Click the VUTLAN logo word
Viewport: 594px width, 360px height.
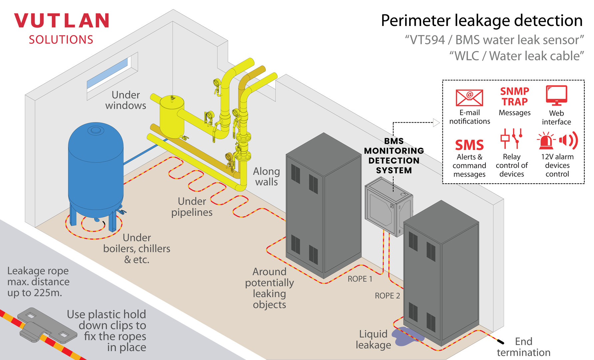click(x=62, y=21)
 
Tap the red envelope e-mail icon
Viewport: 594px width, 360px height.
click(x=469, y=98)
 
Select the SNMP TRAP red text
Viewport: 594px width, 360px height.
click(x=514, y=96)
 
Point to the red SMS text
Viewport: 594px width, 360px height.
click(x=469, y=145)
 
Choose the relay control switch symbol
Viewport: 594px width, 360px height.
click(x=511, y=138)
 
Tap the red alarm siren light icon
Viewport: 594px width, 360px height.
click(x=546, y=141)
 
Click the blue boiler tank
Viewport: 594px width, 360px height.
click(x=96, y=167)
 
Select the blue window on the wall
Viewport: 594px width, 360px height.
click(x=107, y=73)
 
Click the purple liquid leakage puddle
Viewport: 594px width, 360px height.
click(x=406, y=336)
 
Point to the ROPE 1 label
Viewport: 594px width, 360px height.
click(x=360, y=279)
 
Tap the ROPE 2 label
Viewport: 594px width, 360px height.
click(x=387, y=296)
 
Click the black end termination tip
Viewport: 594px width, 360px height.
click(x=500, y=341)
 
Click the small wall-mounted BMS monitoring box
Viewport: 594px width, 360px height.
click(x=388, y=207)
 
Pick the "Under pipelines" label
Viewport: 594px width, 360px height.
click(x=192, y=207)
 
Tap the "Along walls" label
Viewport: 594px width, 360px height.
click(x=266, y=176)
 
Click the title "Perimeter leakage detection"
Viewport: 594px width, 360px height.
click(x=481, y=21)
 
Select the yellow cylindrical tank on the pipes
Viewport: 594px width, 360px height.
click(x=172, y=115)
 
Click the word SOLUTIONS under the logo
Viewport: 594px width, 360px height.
click(x=61, y=40)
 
